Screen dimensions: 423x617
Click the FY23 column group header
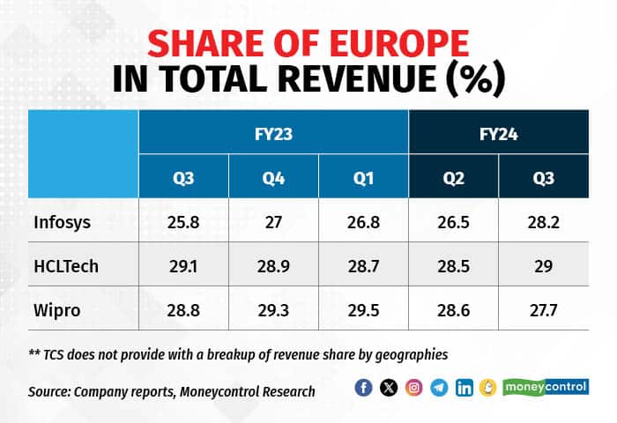(273, 135)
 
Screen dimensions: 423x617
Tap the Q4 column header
(273, 181)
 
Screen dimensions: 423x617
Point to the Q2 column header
(453, 181)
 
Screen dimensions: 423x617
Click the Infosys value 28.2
(543, 221)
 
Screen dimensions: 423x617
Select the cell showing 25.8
(182, 221)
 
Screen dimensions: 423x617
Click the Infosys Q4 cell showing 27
(273, 221)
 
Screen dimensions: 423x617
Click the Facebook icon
(363, 388)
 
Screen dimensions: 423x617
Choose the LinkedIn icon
(464, 388)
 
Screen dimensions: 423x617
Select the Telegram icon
(439, 388)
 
